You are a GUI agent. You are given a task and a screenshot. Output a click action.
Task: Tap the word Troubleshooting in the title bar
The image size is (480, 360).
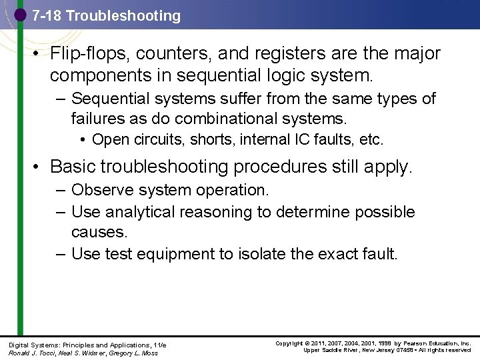point(125,16)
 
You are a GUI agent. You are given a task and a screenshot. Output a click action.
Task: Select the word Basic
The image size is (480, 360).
point(72,166)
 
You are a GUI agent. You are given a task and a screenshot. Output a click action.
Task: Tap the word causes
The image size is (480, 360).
point(99,233)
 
